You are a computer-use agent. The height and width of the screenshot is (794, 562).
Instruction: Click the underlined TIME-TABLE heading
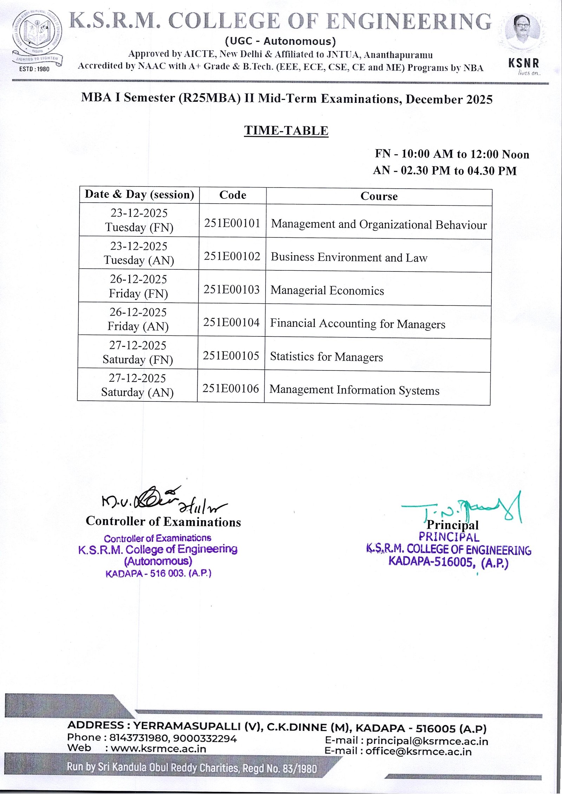pyautogui.click(x=286, y=131)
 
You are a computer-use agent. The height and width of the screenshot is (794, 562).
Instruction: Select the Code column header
pyautogui.click(x=233, y=195)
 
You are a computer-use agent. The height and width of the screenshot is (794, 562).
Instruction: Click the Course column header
pyautogui.click(x=379, y=196)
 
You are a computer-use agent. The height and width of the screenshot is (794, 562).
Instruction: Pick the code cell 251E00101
pyautogui.click(x=232, y=223)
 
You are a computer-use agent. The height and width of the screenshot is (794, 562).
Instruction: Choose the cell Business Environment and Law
pyautogui.click(x=349, y=257)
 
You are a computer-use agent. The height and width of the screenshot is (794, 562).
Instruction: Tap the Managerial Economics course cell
pyautogui.click(x=327, y=290)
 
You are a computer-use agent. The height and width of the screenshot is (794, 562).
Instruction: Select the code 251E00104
pyautogui.click(x=231, y=322)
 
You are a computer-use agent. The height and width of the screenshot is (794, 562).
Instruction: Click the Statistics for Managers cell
pyautogui.click(x=326, y=357)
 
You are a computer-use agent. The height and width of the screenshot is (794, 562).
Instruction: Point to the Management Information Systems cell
pyautogui.click(x=354, y=390)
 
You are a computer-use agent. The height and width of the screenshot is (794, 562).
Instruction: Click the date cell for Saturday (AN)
pyautogui.click(x=137, y=385)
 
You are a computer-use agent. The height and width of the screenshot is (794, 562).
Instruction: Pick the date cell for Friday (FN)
pyautogui.click(x=138, y=286)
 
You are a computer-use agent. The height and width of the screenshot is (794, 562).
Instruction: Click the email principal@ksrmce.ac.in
pyautogui.click(x=427, y=741)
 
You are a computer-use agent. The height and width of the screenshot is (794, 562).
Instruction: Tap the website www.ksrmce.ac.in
pyautogui.click(x=158, y=748)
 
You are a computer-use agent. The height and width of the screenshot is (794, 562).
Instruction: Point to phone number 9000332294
pyautogui.click(x=205, y=739)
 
